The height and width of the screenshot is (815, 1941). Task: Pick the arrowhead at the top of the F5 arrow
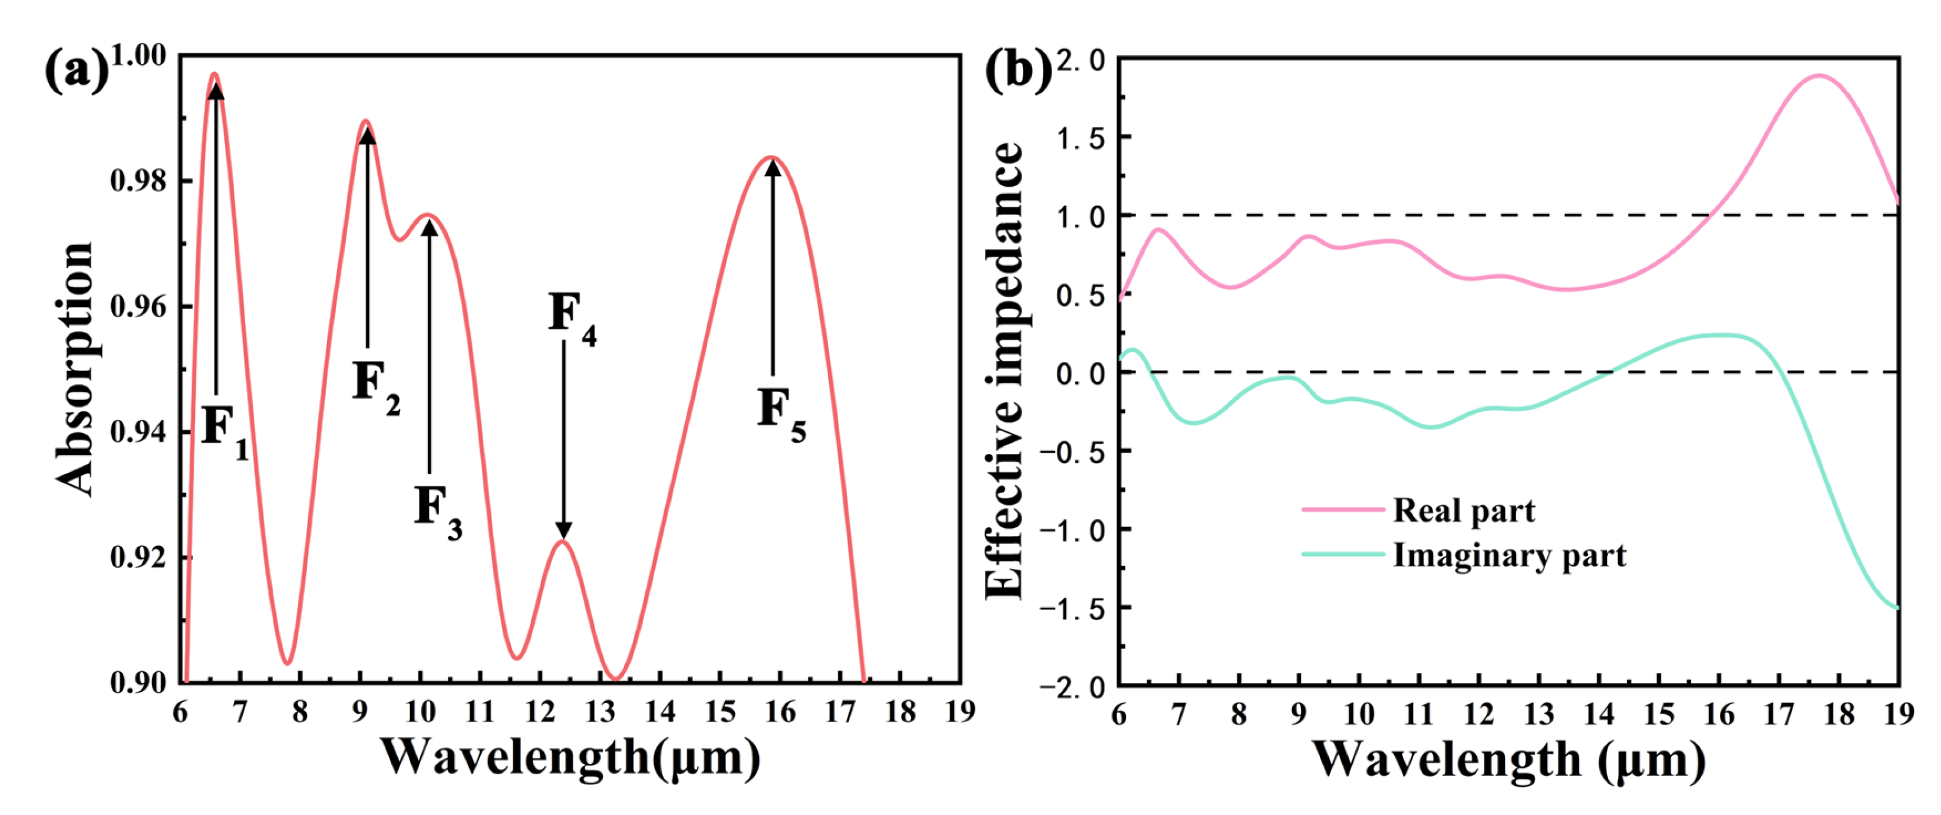(x=773, y=167)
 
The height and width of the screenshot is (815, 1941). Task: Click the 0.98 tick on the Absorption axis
(x=138, y=181)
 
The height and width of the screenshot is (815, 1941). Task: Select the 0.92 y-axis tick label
(x=138, y=558)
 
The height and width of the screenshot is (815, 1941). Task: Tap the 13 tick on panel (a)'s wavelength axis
(x=600, y=711)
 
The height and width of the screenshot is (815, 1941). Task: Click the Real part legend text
(x=1463, y=511)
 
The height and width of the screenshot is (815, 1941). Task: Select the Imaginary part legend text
(x=1509, y=555)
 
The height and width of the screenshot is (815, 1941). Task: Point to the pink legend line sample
(x=1343, y=510)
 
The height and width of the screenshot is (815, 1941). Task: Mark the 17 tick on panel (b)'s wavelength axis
(x=1779, y=713)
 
